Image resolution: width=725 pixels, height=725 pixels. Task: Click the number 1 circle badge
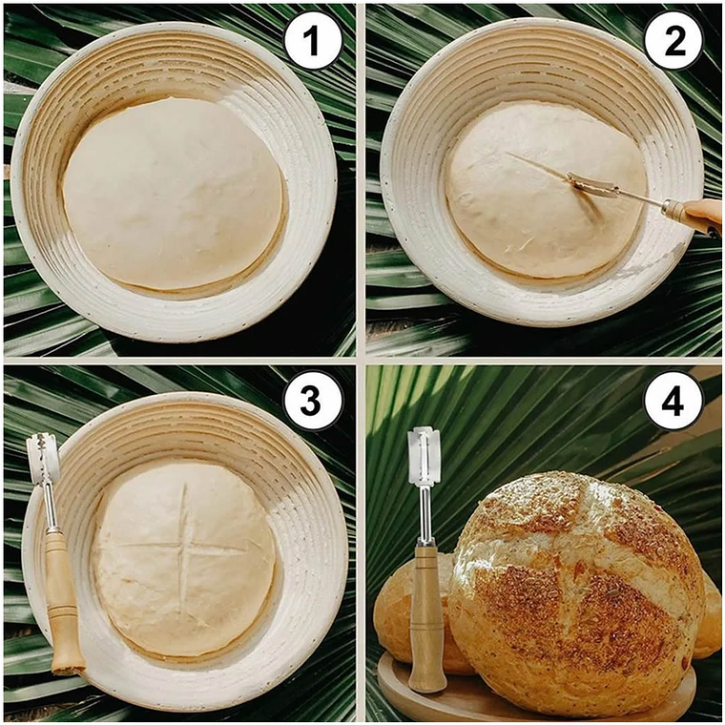[313, 41]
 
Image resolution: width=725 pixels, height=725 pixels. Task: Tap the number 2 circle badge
[673, 41]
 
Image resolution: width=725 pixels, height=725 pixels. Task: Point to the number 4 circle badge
[673, 401]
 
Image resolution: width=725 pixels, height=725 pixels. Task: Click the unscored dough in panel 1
[173, 195]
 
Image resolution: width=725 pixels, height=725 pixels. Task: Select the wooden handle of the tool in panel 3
[64, 602]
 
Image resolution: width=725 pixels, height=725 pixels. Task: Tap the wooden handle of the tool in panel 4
[428, 619]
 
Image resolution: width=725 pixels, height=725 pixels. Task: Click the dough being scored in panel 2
[546, 191]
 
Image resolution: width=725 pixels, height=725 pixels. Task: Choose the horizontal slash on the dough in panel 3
[182, 548]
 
